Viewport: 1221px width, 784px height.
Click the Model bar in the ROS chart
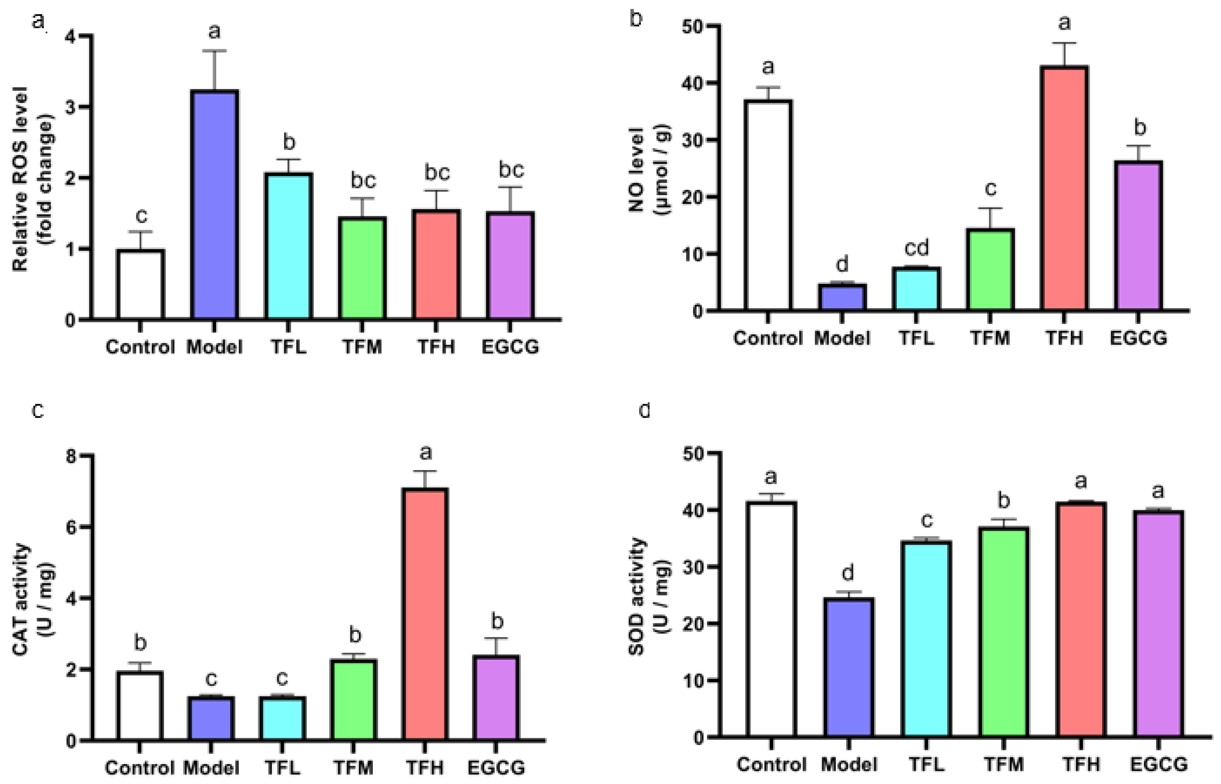(x=214, y=205)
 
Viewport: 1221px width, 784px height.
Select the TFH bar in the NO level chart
(x=1064, y=188)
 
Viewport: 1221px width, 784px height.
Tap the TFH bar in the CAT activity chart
(x=425, y=614)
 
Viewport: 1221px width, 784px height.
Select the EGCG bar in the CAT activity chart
(x=496, y=697)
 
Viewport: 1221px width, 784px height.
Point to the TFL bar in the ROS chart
(x=288, y=246)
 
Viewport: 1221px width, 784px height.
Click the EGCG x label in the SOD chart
(x=1159, y=764)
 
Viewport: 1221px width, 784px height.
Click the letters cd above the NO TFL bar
(x=916, y=248)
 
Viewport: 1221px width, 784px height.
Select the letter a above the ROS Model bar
(x=214, y=31)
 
